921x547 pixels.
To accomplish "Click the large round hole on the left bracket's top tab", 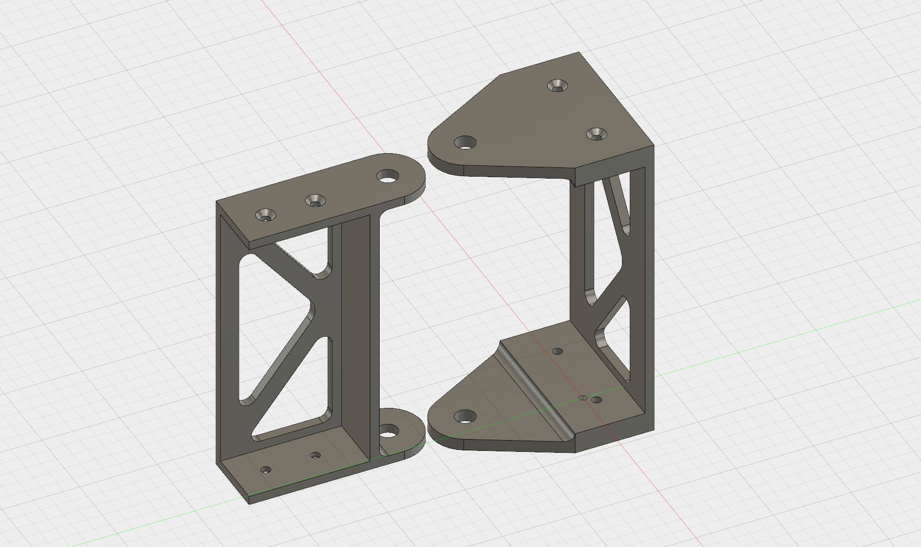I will tap(388, 176).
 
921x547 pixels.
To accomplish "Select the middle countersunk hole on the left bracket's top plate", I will tap(315, 201).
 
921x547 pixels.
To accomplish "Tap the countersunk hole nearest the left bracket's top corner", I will tap(265, 214).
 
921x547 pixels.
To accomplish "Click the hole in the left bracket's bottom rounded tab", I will tap(388, 431).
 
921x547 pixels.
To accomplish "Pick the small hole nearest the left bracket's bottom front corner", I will tap(265, 469).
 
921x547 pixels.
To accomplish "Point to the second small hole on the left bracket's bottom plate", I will tap(315, 455).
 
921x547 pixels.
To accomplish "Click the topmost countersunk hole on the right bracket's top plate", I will tap(557, 86).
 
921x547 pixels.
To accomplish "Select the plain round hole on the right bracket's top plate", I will tap(465, 142).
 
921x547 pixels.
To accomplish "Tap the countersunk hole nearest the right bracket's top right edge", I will tap(597, 134).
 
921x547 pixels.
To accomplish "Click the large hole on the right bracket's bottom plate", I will tap(465, 416).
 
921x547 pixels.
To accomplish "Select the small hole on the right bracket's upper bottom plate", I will tap(557, 351).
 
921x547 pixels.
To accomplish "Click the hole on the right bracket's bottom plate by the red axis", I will tap(597, 400).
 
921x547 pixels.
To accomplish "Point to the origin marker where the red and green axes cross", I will tap(582, 398).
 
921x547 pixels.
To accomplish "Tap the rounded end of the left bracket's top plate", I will tap(415, 178).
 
